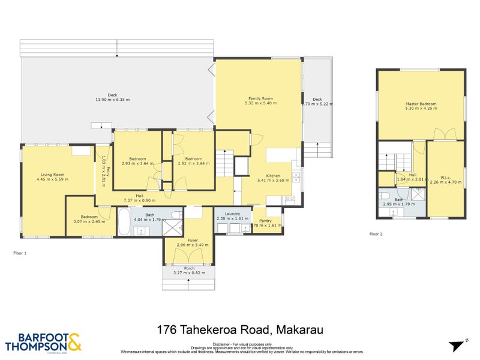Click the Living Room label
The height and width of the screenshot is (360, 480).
[50, 175]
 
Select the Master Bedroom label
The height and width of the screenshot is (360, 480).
[421, 103]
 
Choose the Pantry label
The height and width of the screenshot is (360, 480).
[265, 221]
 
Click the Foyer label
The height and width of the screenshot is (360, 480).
[192, 240]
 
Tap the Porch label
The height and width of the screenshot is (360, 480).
[189, 268]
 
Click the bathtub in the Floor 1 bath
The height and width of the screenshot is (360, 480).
[124, 221]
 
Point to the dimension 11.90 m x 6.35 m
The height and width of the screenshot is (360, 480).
[112, 99]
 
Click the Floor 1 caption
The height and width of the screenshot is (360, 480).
[20, 253]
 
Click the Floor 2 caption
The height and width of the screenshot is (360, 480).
[376, 233]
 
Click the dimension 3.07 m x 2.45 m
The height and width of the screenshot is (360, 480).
[89, 221]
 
